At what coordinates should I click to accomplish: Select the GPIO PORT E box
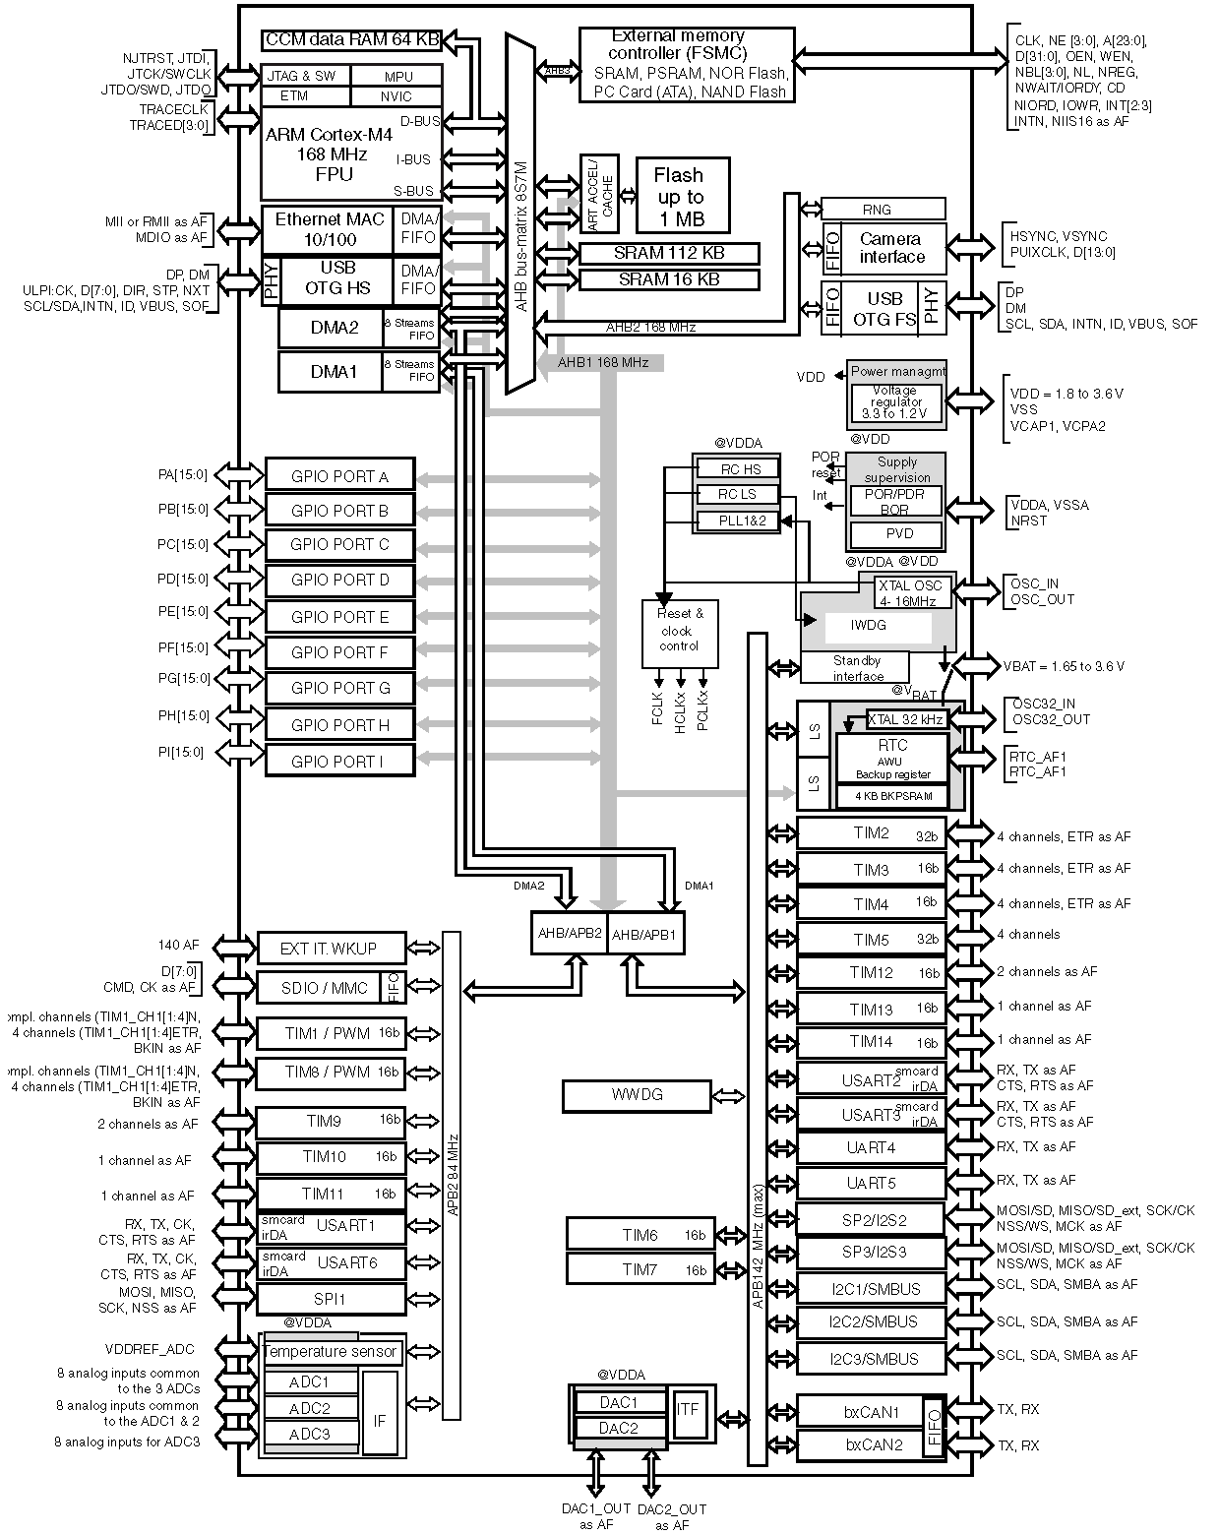(x=339, y=617)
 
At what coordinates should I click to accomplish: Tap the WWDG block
(x=637, y=1095)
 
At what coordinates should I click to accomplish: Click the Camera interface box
(x=890, y=248)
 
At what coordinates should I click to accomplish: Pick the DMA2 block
(x=333, y=328)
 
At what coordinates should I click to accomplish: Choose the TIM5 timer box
(x=871, y=940)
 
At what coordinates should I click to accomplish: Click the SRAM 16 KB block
(x=669, y=279)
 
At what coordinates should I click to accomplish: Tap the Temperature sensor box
(x=331, y=1352)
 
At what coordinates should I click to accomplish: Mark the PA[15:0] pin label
(x=183, y=475)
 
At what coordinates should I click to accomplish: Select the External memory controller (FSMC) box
(x=685, y=64)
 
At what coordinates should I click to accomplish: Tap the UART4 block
(x=871, y=1148)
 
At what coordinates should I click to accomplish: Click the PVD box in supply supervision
(x=898, y=534)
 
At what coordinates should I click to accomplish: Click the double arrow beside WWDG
(x=729, y=1095)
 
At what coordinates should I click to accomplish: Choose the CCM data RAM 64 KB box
(x=350, y=40)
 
